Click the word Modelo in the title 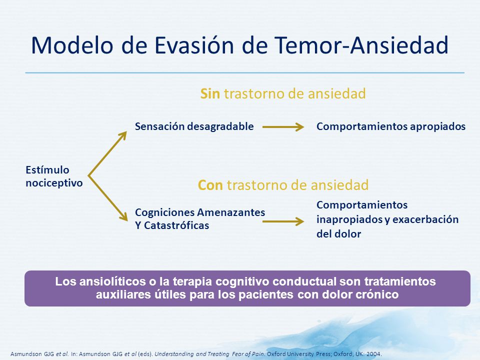[x=72, y=45]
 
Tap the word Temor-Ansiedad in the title [x=361, y=45]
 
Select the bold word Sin [x=210, y=93]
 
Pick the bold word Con [x=210, y=185]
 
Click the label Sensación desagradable [x=194, y=126]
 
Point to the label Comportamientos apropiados [x=391, y=126]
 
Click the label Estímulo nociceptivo [x=54, y=176]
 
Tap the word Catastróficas [x=176, y=225]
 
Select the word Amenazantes [x=231, y=212]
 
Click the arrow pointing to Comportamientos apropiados [x=283, y=126]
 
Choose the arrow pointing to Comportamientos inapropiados [x=283, y=221]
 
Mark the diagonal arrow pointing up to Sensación [x=107, y=153]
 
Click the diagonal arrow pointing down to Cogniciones [x=108, y=198]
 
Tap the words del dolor [x=339, y=234]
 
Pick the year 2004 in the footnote [x=373, y=354]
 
